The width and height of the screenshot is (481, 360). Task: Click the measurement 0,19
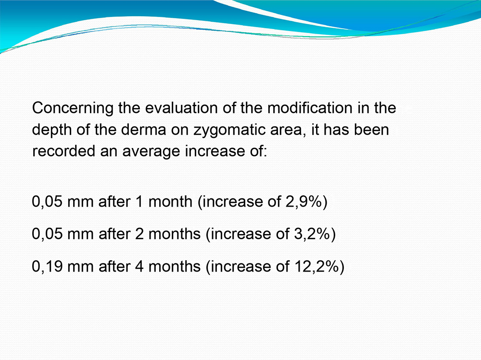pyautogui.click(x=47, y=266)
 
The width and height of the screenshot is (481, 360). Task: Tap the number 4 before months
pyautogui.click(x=139, y=266)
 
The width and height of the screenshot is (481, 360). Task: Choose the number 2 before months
pyautogui.click(x=139, y=234)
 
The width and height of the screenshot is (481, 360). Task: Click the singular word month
pyautogui.click(x=170, y=202)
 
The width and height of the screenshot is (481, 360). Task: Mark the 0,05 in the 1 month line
pyautogui.click(x=47, y=202)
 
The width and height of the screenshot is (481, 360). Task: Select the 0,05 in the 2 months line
pyautogui.click(x=47, y=234)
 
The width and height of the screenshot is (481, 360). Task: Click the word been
pyautogui.click(x=371, y=130)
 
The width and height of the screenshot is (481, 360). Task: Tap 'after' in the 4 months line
pyautogui.click(x=114, y=266)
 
